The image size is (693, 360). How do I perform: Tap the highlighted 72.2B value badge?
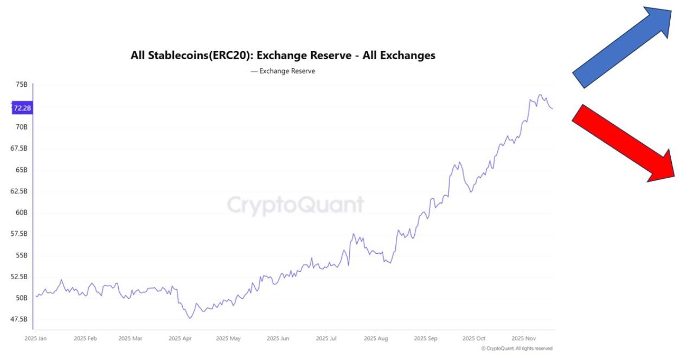23,108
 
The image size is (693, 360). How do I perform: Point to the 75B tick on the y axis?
22,85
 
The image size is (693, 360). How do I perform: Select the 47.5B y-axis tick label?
19,319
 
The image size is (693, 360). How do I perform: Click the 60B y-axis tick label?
22,213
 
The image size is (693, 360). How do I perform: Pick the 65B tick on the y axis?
22,170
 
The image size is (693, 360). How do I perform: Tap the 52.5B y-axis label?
19,277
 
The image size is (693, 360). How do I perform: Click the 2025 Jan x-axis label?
36,338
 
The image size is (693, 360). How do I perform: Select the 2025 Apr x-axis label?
180,338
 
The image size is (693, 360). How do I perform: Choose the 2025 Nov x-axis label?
523,338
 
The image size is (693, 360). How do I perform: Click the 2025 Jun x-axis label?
278,338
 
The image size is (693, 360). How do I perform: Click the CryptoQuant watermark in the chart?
296,205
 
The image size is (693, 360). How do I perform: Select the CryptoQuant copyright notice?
517,349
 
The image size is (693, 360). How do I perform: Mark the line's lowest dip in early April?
190,318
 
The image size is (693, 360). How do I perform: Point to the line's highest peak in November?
540,94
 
